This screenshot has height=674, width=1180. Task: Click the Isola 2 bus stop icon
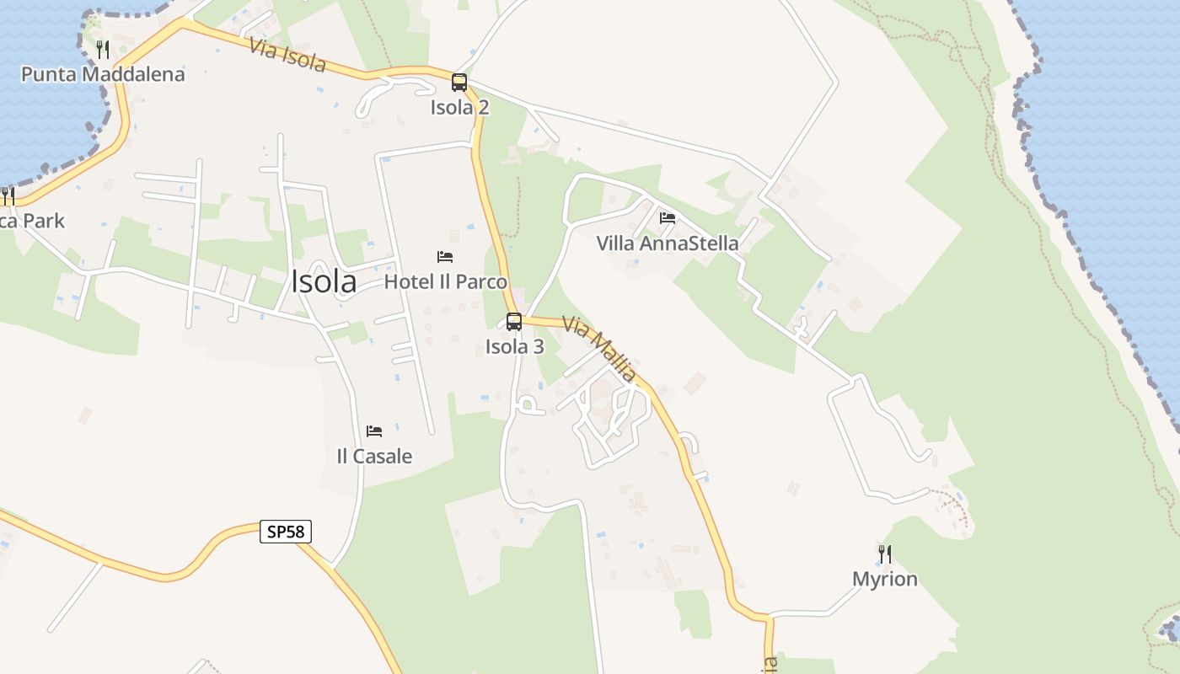(x=459, y=83)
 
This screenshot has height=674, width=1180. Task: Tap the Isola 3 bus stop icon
(x=514, y=321)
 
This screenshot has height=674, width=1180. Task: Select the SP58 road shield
(x=287, y=532)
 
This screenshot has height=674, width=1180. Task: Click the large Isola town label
(x=324, y=281)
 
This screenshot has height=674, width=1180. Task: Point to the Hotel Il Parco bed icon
(x=445, y=257)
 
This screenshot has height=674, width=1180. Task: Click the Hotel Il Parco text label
(x=445, y=281)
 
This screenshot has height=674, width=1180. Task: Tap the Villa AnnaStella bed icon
(x=668, y=218)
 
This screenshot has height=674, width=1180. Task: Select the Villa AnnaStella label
(x=668, y=243)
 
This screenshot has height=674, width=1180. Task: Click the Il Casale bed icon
(x=374, y=431)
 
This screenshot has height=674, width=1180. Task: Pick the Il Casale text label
(x=374, y=457)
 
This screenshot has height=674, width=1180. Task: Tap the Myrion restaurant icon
(x=885, y=554)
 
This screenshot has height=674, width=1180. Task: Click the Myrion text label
(x=885, y=579)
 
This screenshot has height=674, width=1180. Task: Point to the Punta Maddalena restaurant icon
(x=103, y=49)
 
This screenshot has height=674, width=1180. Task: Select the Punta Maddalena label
(x=103, y=74)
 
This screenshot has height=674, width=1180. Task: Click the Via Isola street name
(x=287, y=54)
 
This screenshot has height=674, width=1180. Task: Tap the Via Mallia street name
(x=599, y=349)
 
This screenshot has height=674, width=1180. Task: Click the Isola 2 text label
(x=459, y=108)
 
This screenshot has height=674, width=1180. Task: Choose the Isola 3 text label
(x=514, y=346)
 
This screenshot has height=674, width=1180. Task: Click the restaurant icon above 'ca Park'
(x=8, y=196)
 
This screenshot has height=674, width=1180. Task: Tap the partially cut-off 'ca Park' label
(x=31, y=221)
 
